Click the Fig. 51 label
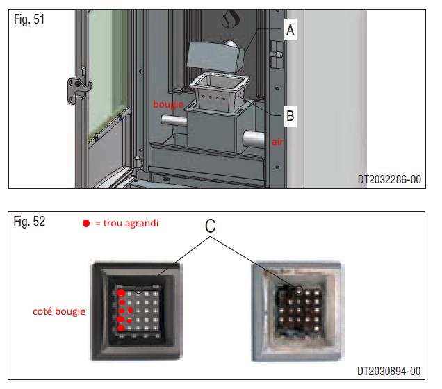coord(29,19)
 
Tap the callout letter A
coord(290,29)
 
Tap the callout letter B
coord(290,116)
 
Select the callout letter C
coord(211,226)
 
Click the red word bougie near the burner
coord(169,104)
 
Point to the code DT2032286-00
coord(389,179)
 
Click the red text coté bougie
coord(59,311)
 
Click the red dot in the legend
coord(85,224)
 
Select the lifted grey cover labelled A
coord(215,53)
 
